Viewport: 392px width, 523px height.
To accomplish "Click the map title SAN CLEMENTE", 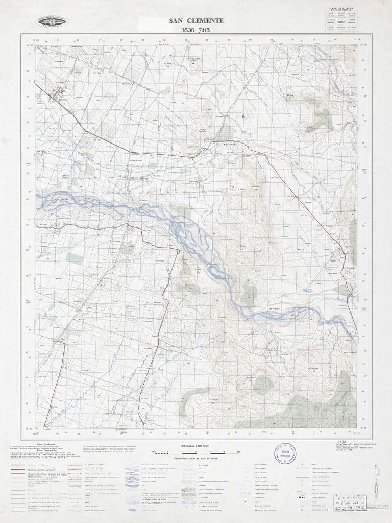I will pyautogui.click(x=196, y=21).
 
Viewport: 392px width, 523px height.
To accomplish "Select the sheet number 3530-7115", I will pyautogui.click(x=196, y=30).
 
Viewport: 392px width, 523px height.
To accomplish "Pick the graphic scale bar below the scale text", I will pyautogui.click(x=196, y=453).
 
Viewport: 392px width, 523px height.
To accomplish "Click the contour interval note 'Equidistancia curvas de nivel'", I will pyautogui.click(x=196, y=459).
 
